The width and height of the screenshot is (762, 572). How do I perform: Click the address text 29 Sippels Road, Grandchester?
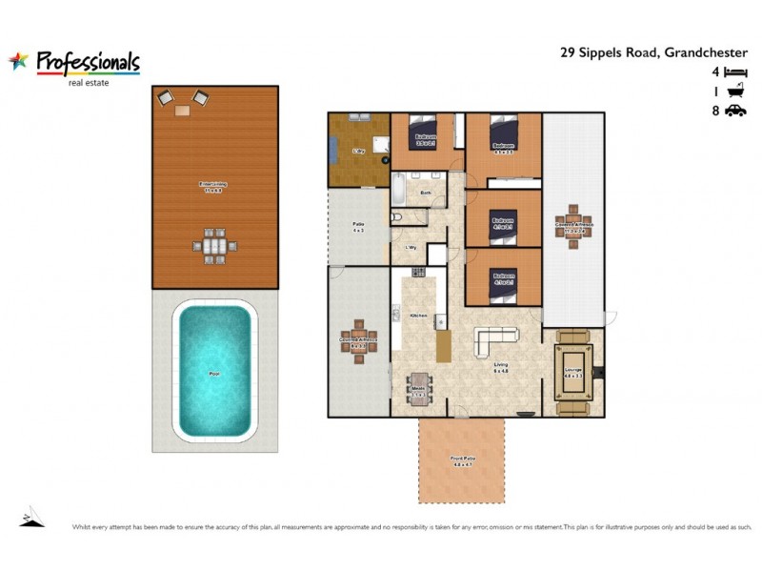[652, 53]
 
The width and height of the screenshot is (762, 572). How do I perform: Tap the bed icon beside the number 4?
[734, 71]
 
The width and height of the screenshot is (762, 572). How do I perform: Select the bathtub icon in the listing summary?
[734, 92]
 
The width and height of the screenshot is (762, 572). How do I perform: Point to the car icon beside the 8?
[734, 112]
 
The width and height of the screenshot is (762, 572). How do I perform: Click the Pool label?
[214, 374]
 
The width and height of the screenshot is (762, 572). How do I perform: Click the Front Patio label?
[462, 461]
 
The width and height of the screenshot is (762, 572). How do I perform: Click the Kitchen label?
[417, 315]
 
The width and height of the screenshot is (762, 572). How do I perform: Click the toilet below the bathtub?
[397, 217]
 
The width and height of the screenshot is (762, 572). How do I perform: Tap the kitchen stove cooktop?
[419, 276]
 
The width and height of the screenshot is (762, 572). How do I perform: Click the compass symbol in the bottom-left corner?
[31, 518]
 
